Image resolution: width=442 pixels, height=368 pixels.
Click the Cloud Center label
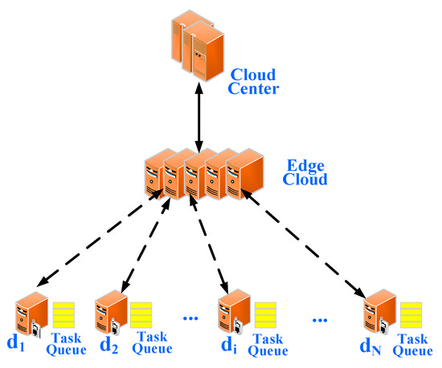click(x=253, y=81)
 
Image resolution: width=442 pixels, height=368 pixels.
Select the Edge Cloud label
click(x=306, y=173)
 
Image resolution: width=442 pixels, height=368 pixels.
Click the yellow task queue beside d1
click(x=64, y=314)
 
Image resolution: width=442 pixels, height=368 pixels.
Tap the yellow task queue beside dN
click(x=411, y=314)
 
